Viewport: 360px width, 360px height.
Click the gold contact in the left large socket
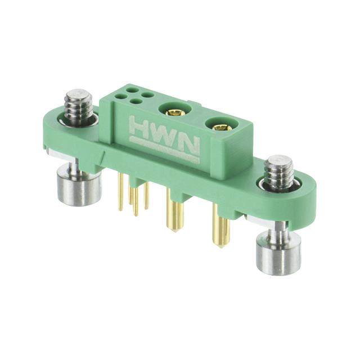176,112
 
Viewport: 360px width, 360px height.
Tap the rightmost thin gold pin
146,197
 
